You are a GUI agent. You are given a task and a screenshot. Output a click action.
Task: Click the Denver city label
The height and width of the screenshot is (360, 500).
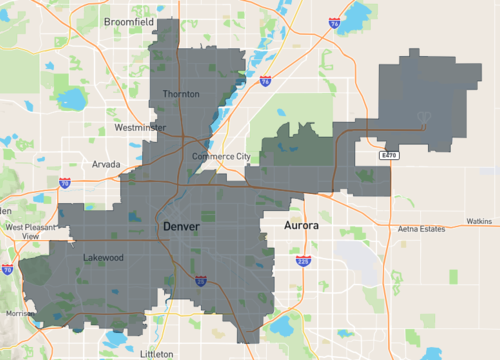pos(180,228)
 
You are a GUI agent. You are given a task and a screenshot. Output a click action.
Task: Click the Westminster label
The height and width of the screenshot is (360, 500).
pos(140,128)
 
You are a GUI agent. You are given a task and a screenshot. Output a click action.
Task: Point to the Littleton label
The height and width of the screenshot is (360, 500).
pos(157,353)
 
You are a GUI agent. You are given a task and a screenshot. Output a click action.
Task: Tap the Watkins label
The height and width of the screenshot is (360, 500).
pos(480,221)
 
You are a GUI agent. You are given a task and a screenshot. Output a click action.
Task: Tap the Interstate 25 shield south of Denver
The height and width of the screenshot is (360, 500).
pos(200,282)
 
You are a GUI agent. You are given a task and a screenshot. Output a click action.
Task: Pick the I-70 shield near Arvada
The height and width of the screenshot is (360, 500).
pos(65,184)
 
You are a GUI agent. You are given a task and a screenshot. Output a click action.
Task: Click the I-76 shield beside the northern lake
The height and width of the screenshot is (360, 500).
pos(265,82)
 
